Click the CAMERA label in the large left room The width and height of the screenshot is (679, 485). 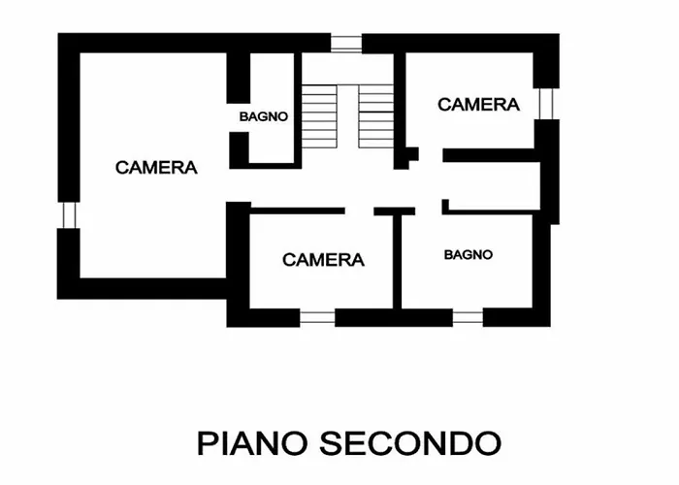point(156,168)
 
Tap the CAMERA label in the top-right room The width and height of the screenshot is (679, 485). point(478,105)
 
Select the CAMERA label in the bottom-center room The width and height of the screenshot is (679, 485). point(323,260)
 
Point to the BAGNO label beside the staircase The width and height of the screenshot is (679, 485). point(264,116)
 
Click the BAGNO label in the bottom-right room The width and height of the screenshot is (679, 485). point(469,254)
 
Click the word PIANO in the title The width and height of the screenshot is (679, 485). point(252,443)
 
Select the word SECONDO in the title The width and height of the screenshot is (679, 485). point(410,443)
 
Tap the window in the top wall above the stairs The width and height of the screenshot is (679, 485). point(346,44)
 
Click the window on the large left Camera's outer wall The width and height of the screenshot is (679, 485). point(69,215)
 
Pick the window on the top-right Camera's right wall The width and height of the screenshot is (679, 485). point(546,104)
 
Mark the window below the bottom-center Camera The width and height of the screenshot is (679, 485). point(317,317)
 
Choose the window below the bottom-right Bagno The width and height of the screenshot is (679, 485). point(469,317)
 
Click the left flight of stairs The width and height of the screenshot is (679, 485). point(319,116)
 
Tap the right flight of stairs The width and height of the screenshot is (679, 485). point(376,116)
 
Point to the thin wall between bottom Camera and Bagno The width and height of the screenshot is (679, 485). point(397,261)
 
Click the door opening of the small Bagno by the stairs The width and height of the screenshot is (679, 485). point(239,117)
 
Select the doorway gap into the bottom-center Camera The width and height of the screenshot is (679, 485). point(360,210)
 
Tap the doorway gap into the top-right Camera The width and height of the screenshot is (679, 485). point(431,155)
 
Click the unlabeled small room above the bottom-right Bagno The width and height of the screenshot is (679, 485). point(492,186)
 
